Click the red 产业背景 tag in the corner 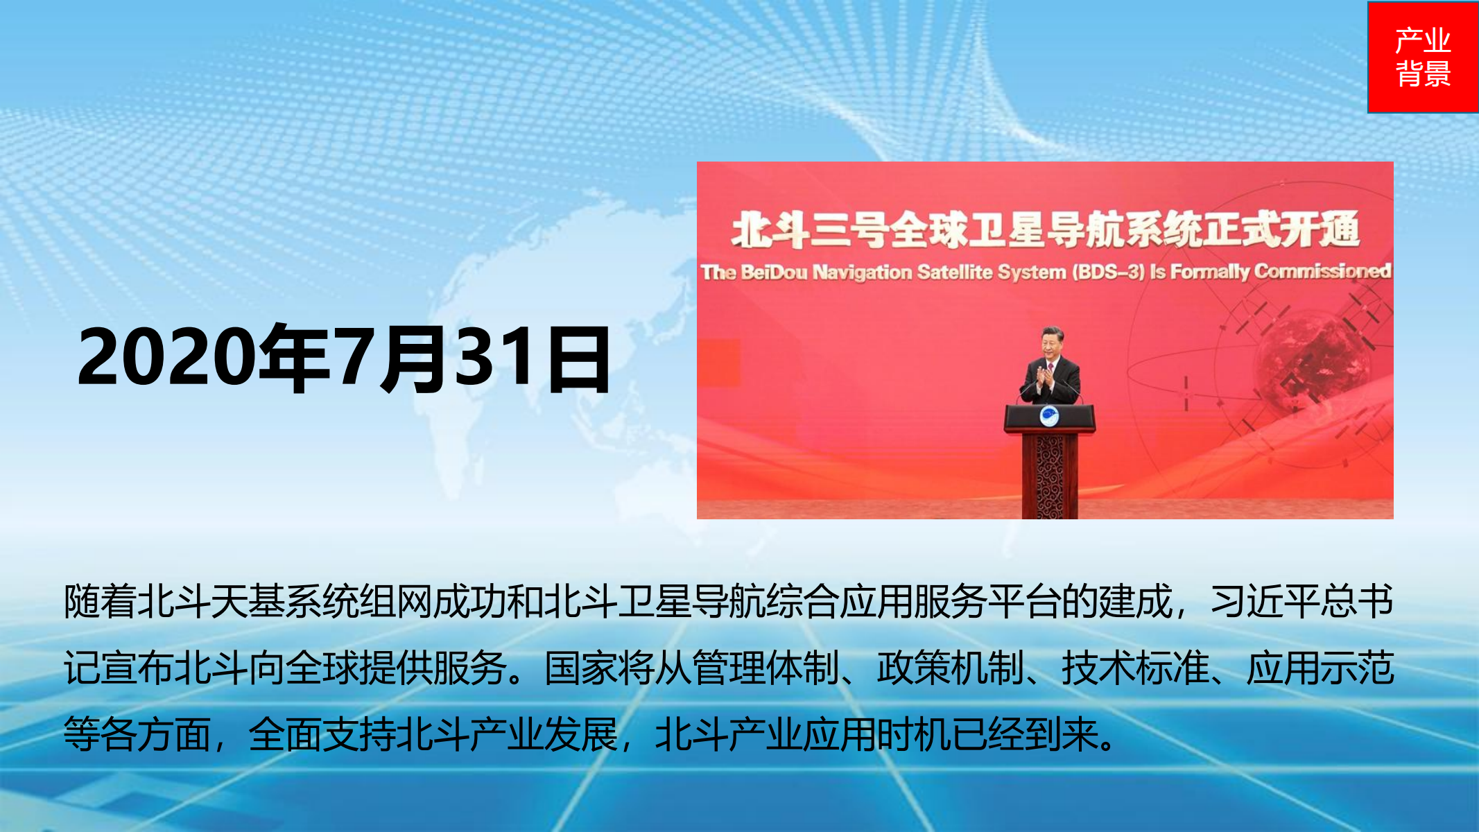[x=1423, y=57]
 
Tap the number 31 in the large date [x=498, y=358]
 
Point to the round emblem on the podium [x=1049, y=417]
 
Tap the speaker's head [x=1053, y=342]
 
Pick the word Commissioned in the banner [x=1322, y=270]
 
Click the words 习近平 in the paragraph [x=1265, y=601]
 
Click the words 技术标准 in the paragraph [x=1135, y=668]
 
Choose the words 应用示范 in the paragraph [x=1320, y=668]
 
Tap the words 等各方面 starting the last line [x=137, y=735]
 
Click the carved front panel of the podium [x=1050, y=477]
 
